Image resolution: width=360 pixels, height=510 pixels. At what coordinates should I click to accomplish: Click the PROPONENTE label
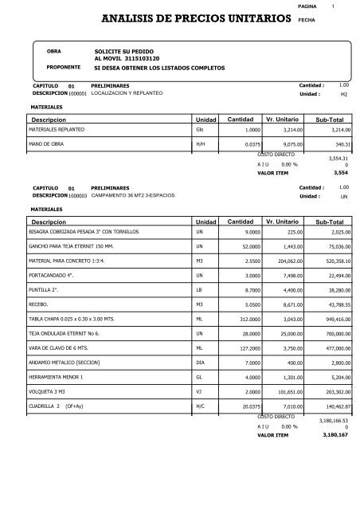coord(65,69)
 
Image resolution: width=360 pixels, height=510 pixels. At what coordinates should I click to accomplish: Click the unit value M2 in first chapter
coord(344,94)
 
